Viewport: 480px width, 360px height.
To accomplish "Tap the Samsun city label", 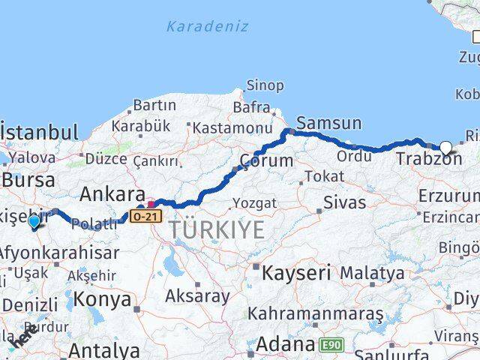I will click(x=329, y=123).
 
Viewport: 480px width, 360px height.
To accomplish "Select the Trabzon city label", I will click(x=428, y=159).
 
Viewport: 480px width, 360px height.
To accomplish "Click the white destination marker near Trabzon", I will click(x=446, y=148).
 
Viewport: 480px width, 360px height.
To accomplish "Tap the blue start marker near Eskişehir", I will click(x=34, y=221).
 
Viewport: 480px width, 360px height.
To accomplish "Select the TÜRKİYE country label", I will click(x=217, y=230).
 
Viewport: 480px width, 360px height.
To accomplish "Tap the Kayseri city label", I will click(x=292, y=273).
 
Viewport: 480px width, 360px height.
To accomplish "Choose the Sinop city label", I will click(x=265, y=85).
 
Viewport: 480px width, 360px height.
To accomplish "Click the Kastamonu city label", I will click(x=232, y=128).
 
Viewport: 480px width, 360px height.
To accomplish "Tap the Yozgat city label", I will click(x=254, y=203).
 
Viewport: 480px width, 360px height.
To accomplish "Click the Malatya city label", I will click(x=376, y=271).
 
